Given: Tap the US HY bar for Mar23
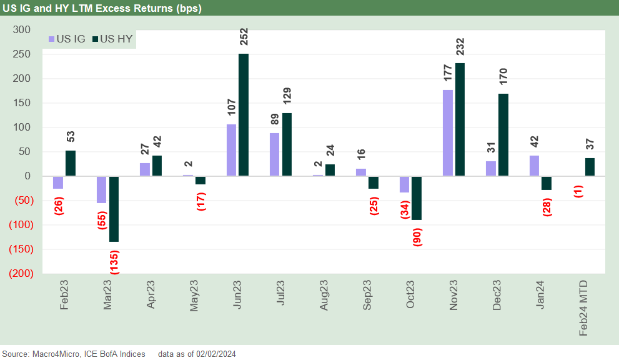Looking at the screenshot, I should (114, 209).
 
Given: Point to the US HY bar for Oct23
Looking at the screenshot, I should (417, 198).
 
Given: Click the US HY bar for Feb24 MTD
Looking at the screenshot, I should (590, 167).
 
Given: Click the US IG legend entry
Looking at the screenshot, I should (67, 39).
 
